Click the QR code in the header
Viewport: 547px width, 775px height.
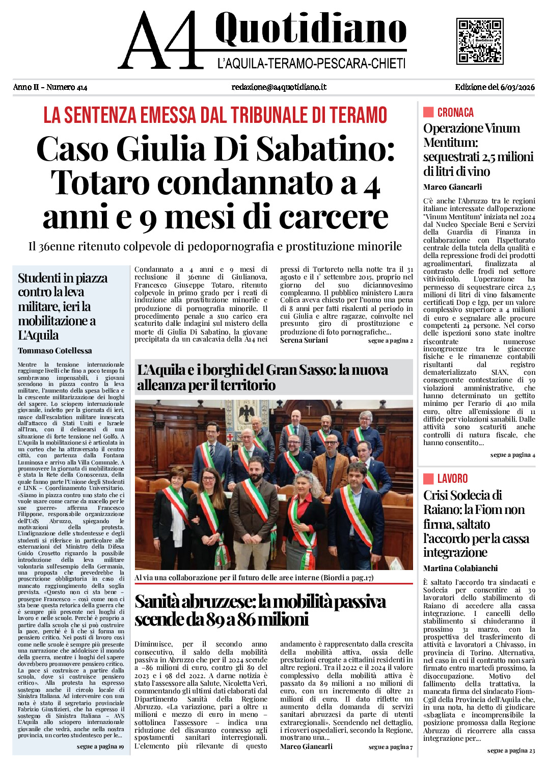(x=480, y=41)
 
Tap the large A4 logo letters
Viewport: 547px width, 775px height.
(x=160, y=41)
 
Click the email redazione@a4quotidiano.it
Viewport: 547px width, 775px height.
(x=279, y=87)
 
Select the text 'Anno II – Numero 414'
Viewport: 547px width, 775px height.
(x=50, y=87)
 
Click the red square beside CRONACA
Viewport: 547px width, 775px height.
(x=428, y=112)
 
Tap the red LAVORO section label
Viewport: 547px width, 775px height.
(x=452, y=479)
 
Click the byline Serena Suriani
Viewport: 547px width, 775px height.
(x=304, y=340)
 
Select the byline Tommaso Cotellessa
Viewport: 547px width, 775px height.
(x=55, y=350)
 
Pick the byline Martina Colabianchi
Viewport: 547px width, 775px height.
(x=460, y=568)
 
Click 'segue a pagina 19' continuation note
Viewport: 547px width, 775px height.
(x=100, y=746)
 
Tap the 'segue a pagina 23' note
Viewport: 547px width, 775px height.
(x=511, y=751)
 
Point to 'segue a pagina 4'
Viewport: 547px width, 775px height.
(x=512, y=455)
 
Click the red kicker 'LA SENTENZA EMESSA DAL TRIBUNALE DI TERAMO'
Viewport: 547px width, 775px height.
(x=215, y=115)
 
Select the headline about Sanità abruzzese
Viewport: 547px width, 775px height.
(x=260, y=610)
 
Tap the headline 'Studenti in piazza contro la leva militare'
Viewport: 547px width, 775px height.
(x=63, y=306)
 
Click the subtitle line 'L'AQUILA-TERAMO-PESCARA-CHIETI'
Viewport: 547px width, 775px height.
(x=311, y=64)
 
